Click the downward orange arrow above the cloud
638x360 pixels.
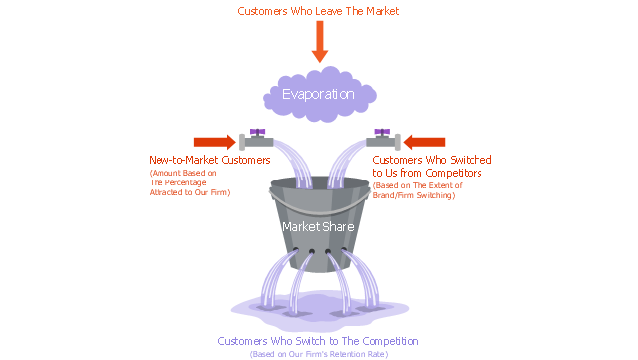click(x=320, y=42)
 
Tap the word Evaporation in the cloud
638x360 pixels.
click(x=318, y=94)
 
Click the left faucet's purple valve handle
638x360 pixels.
click(x=257, y=132)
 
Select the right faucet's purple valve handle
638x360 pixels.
click(x=382, y=132)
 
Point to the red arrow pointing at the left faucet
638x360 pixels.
click(x=215, y=142)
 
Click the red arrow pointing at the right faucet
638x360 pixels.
click(x=424, y=142)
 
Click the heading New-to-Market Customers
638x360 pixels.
click(x=209, y=160)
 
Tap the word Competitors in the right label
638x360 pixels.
click(x=454, y=173)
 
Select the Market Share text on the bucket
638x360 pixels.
click(x=318, y=226)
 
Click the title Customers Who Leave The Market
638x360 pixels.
click(x=318, y=11)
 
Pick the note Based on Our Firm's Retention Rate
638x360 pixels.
click(x=319, y=354)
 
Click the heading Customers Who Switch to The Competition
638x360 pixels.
click(x=318, y=341)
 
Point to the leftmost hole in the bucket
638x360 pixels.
click(x=296, y=250)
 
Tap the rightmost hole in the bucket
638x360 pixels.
click(x=344, y=250)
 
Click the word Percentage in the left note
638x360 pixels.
click(x=185, y=182)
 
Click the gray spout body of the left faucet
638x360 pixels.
click(x=259, y=143)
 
